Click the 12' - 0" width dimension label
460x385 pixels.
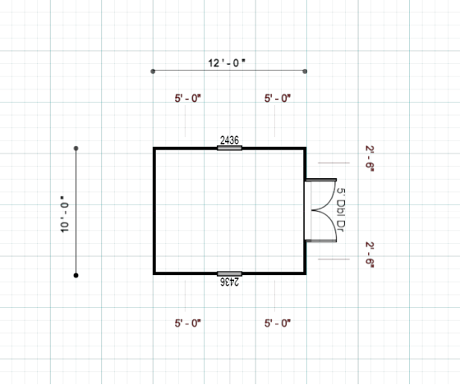[x=227, y=62]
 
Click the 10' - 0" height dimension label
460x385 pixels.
[x=65, y=214]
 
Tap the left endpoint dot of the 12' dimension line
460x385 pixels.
[x=153, y=71]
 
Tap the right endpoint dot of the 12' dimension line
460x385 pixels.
[x=305, y=71]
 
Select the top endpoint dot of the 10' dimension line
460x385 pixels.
[x=76, y=149]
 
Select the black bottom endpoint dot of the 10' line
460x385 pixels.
[x=76, y=275]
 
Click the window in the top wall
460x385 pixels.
[x=229, y=148]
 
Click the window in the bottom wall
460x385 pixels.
[x=229, y=274]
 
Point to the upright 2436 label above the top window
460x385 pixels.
[x=229, y=140]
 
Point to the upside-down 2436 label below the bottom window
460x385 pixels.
[x=230, y=282]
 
